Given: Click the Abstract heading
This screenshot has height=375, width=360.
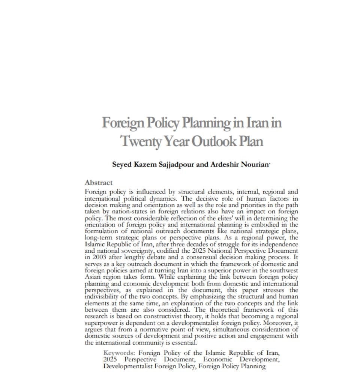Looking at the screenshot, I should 99,183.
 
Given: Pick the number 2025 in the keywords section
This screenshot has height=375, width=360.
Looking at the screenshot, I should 110,359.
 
